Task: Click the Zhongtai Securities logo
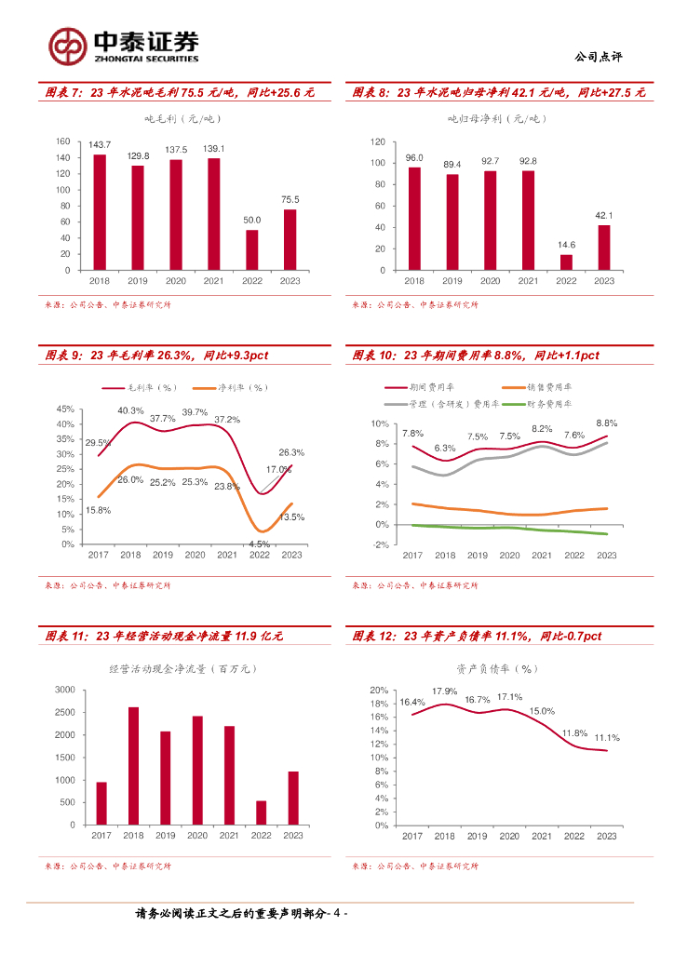[x=123, y=45]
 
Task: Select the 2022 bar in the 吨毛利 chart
[x=252, y=249]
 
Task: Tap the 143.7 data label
[x=100, y=145]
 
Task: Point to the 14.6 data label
[x=566, y=245]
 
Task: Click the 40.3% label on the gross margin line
[x=130, y=410]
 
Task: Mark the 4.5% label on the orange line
[x=259, y=544]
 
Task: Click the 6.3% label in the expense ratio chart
[x=444, y=448]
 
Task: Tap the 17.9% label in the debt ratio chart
[x=444, y=691]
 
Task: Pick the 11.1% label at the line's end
[x=607, y=738]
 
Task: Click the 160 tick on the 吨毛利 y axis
[x=63, y=141]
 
